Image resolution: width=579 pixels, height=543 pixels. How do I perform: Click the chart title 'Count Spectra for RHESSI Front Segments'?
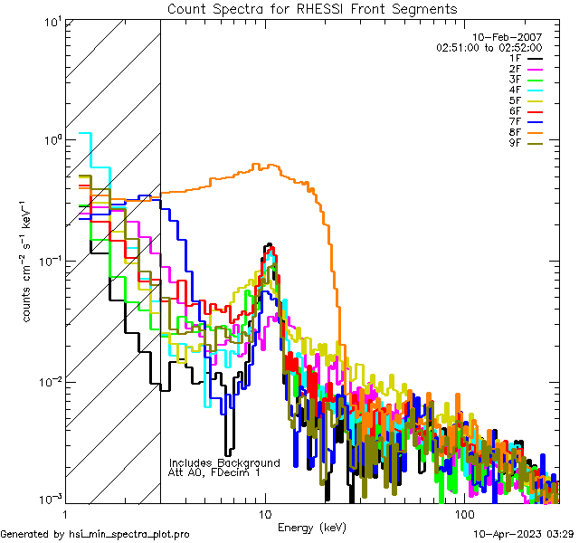coord(312,8)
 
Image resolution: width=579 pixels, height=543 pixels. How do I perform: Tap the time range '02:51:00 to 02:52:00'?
coord(489,47)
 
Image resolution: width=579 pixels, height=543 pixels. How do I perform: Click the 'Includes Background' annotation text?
coord(224,462)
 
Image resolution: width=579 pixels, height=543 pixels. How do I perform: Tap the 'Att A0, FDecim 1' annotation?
coord(215,472)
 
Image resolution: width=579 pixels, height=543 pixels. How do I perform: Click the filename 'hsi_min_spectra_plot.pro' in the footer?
coord(129,534)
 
